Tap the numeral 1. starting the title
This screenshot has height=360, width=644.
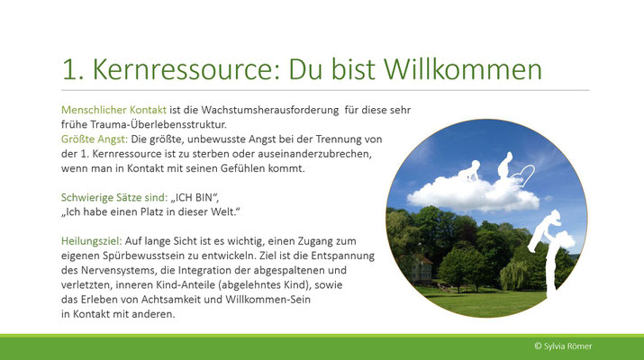73,69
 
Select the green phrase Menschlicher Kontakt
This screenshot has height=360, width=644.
113,110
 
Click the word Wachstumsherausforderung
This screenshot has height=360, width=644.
270,110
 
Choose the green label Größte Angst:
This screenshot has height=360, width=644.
95,139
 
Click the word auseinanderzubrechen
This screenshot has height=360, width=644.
307,154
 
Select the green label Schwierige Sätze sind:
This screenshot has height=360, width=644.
114,197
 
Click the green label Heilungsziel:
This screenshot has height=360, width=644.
92,241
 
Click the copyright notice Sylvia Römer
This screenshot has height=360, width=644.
563,346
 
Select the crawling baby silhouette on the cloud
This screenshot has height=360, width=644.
469,172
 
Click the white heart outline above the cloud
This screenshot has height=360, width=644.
522,175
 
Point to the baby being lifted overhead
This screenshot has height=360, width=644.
545,229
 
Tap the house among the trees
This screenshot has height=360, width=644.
420,269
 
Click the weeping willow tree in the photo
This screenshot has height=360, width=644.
513,275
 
